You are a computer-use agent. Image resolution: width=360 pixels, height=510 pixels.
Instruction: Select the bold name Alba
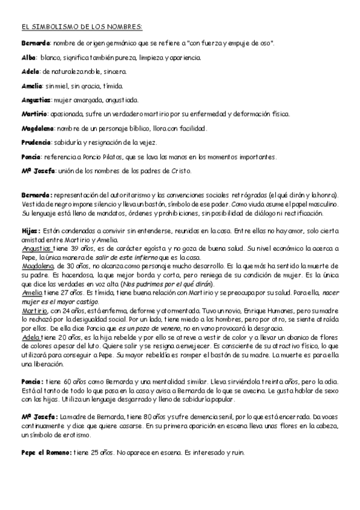(28, 58)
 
